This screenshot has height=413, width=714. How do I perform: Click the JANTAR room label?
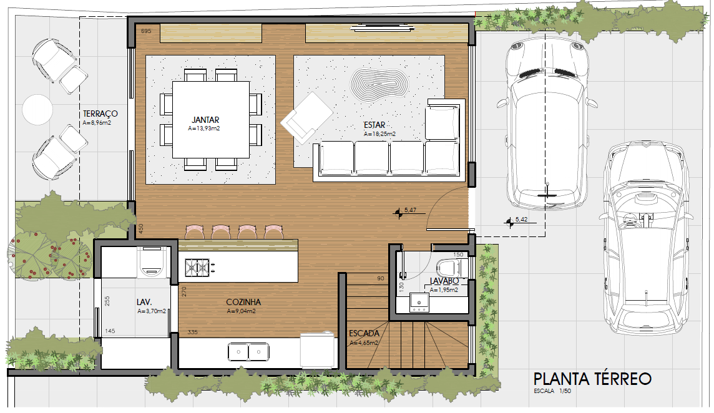(205, 120)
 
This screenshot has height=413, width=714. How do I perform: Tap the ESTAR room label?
(374, 125)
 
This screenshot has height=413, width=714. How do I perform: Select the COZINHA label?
(243, 302)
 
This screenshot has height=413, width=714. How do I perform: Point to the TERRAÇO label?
(100, 114)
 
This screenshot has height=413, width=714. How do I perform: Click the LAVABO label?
(444, 281)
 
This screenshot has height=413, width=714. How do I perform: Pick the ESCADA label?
(364, 333)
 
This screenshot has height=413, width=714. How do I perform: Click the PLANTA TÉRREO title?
(592, 379)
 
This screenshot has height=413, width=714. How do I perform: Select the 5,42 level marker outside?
(516, 221)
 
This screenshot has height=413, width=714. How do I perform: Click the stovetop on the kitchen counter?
(197, 268)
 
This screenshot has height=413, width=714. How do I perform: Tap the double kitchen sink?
(248, 352)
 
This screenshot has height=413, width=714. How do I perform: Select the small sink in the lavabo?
(419, 303)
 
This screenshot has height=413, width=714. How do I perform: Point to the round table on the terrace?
(38, 109)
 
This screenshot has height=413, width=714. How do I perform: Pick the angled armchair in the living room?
(307, 118)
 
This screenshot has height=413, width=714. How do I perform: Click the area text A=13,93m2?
(204, 129)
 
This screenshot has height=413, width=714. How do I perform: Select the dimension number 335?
(193, 332)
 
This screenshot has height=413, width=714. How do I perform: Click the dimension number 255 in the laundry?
(107, 301)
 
